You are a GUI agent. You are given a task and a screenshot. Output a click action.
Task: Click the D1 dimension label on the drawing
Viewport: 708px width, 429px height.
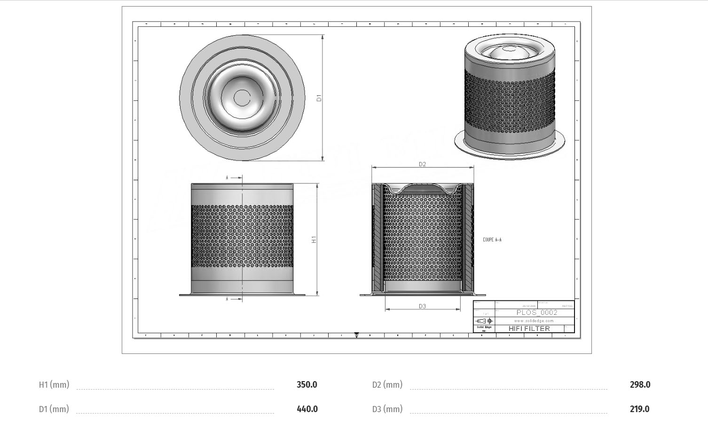[319, 98]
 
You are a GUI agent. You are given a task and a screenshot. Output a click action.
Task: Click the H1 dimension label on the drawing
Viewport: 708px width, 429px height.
[314, 239]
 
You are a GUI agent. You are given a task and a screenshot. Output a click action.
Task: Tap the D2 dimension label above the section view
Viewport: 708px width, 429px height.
[422, 164]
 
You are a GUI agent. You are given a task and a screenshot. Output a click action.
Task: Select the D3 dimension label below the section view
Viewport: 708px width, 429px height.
[422, 306]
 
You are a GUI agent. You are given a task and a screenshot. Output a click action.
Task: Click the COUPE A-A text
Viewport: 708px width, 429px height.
[492, 240]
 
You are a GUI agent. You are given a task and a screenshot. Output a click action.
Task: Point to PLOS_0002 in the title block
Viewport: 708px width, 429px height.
[537, 313]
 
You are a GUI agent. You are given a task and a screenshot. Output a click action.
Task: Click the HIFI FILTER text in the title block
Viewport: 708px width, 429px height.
[529, 329]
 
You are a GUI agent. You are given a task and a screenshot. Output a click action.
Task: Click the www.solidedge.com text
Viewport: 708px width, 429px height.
[534, 321]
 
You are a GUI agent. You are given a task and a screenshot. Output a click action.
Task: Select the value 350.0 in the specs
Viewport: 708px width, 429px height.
[307, 385]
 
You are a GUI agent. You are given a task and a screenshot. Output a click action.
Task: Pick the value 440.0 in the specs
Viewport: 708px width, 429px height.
[307, 409]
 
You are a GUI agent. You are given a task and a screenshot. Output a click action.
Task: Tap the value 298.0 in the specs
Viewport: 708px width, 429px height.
[640, 385]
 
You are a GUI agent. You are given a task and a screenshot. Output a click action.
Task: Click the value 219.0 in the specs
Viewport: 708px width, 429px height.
[639, 409]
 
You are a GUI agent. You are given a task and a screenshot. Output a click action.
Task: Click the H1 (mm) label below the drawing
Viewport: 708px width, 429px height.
[54, 385]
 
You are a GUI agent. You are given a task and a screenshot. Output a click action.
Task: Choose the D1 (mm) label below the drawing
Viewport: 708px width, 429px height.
[54, 409]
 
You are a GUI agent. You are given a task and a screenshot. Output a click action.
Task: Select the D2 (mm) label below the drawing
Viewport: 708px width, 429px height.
[387, 385]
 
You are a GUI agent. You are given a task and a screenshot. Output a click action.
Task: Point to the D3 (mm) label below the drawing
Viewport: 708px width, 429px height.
[387, 409]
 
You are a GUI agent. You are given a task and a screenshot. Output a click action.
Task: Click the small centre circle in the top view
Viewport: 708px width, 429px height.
[242, 98]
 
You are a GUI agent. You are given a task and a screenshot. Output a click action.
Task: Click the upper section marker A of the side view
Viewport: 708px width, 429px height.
[228, 178]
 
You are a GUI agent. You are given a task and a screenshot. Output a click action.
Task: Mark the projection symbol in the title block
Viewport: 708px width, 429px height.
[485, 321]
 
